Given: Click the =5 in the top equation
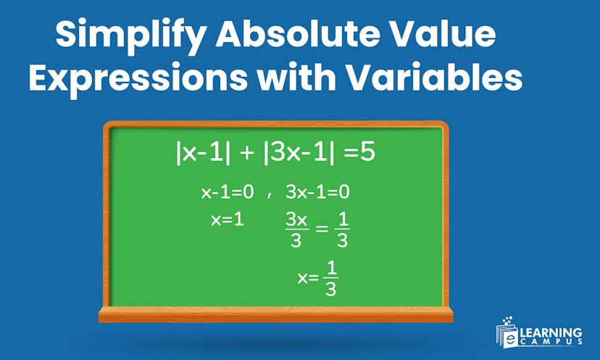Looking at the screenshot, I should coord(358,154).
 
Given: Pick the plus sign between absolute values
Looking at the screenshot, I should coord(248,154).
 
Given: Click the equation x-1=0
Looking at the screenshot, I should coord(227,192).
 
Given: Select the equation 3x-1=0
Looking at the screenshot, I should coord(317,192).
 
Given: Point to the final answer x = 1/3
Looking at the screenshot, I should coord(317,278).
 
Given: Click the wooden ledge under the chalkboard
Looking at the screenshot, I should coord(275,314).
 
